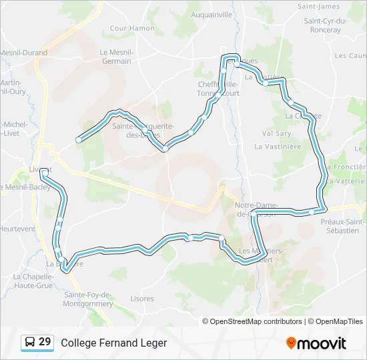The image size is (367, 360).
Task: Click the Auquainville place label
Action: tap(212, 14)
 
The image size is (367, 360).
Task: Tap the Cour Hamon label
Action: tap(132, 29)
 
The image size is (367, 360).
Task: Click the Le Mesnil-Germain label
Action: tap(117, 57)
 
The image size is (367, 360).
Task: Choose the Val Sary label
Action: tap(276, 133)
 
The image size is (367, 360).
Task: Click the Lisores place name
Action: tap(142, 299)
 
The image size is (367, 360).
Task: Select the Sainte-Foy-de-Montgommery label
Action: tap(88, 299)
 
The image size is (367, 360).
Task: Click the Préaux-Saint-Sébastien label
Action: tap(343, 226)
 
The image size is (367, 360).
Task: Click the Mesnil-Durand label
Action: tap(24, 53)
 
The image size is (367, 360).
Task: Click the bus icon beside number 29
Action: tap(30, 343)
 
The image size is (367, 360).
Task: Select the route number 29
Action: tap(45, 342)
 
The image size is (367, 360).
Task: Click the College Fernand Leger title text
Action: tap(113, 343)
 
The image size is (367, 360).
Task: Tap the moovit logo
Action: tap(316, 343)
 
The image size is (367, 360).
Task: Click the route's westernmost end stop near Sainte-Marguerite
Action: tap(79, 139)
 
